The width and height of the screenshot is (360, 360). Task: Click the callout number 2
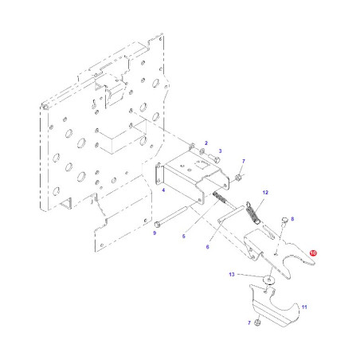click(x=206, y=143)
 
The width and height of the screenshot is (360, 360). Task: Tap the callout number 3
click(x=220, y=151)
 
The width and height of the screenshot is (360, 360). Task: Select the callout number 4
click(x=163, y=190)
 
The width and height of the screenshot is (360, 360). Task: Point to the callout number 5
click(x=184, y=236)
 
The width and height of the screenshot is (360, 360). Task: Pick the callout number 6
click(x=208, y=247)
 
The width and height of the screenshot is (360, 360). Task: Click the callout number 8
click(x=292, y=219)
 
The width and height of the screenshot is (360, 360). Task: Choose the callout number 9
click(x=155, y=233)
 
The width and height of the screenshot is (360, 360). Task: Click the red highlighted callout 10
click(x=313, y=253)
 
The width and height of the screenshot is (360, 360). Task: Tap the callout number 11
click(x=304, y=307)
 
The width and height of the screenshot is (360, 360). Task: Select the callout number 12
click(x=265, y=193)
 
